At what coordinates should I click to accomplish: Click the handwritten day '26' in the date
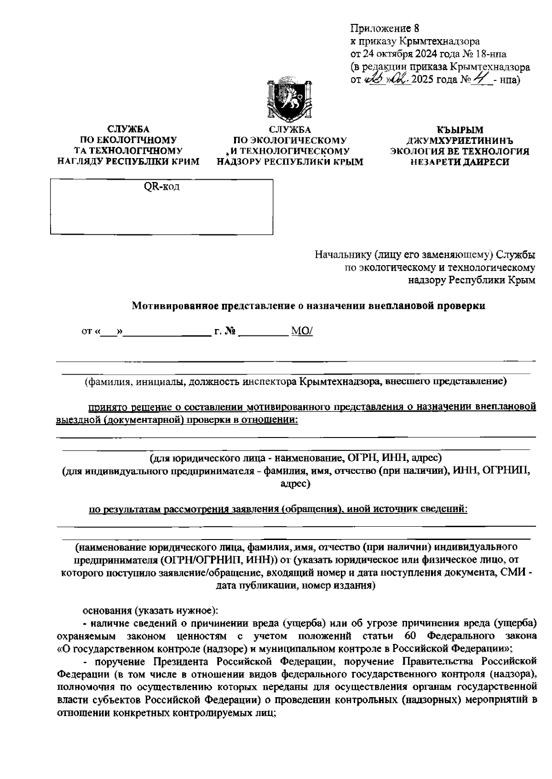369,79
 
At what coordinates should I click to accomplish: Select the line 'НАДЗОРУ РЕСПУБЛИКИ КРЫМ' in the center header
290,162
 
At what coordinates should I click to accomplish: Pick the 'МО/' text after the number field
302,331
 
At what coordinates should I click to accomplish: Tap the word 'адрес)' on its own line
295,483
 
